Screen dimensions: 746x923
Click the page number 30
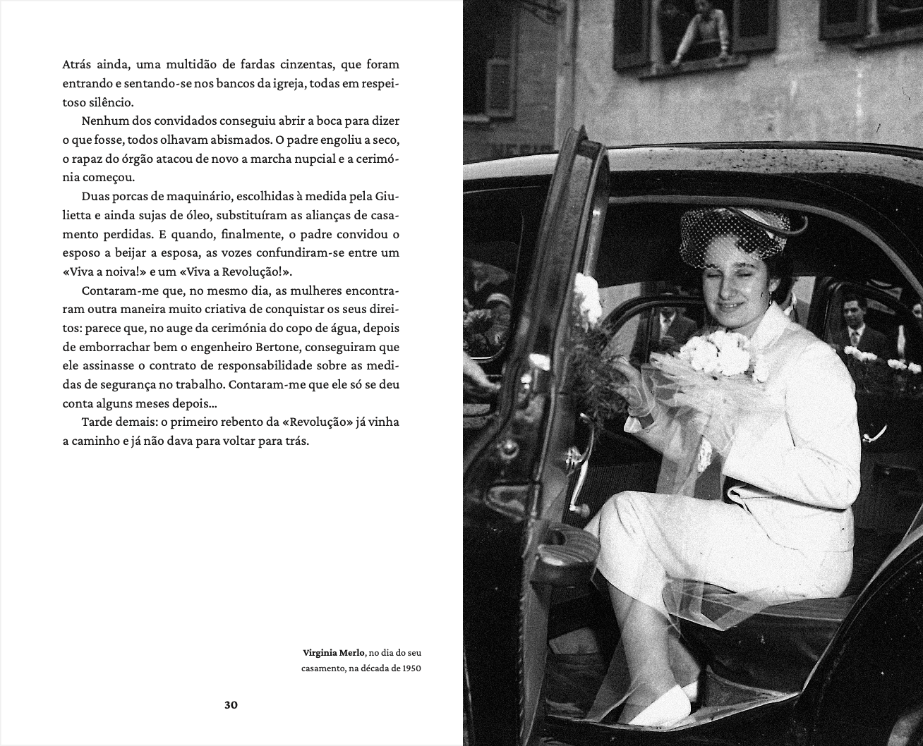(x=231, y=704)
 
